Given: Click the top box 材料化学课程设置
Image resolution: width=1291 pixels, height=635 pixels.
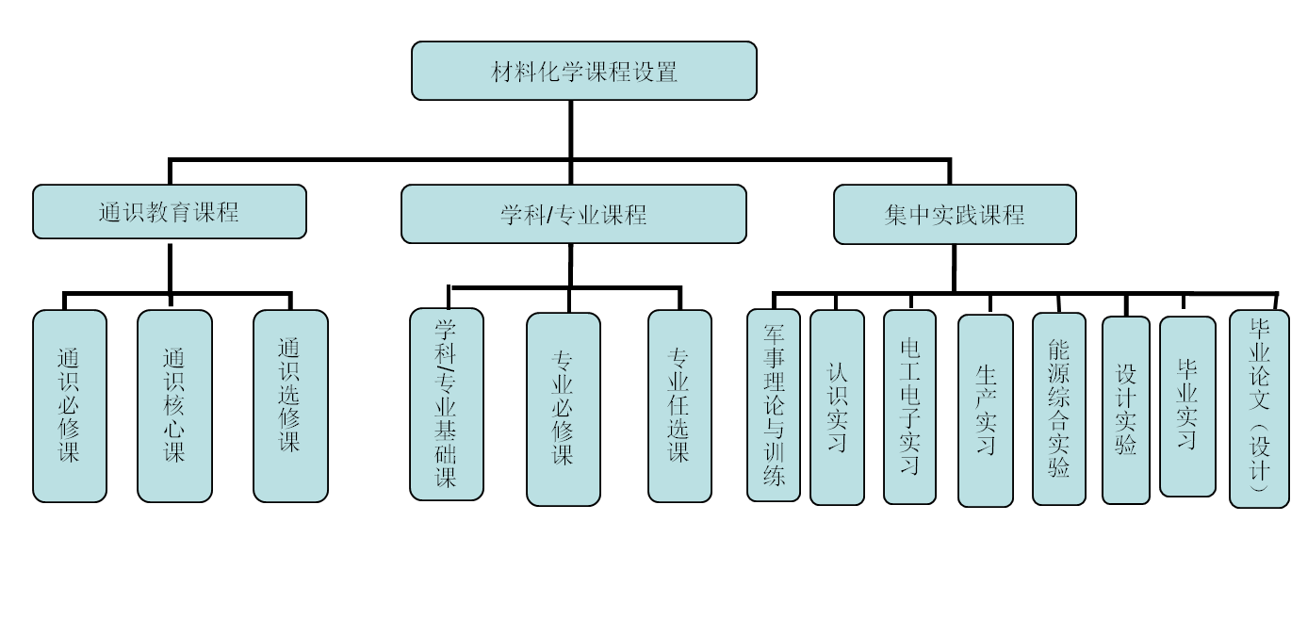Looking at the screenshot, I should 584,71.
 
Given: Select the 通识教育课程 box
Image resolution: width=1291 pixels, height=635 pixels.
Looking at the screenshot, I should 170,211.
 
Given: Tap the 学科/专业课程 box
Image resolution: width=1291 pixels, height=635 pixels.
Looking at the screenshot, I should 573,214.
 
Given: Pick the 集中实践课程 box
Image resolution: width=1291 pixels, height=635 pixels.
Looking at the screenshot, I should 955,214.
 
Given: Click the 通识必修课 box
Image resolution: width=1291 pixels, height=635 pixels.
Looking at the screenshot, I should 70,406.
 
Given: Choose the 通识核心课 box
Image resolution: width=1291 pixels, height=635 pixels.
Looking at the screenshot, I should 174,406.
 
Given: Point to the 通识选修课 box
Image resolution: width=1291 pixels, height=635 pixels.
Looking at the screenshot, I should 290,406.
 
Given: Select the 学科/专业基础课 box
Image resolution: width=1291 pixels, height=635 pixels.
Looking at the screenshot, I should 447,403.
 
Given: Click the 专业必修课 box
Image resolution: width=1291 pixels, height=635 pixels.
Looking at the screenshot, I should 563,409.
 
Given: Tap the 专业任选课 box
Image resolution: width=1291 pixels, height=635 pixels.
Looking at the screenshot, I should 679,406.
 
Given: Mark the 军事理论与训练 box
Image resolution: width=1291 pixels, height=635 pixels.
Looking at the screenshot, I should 774,405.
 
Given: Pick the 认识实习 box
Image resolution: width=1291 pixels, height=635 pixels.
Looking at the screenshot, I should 837,407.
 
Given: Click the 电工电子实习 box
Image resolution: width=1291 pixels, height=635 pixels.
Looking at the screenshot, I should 909,407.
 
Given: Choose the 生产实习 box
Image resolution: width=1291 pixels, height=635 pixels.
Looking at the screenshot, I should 985,411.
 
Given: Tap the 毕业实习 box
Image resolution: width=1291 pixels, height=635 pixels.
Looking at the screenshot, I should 1187,406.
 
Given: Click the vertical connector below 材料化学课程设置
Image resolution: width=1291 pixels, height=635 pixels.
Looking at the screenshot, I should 572,128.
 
